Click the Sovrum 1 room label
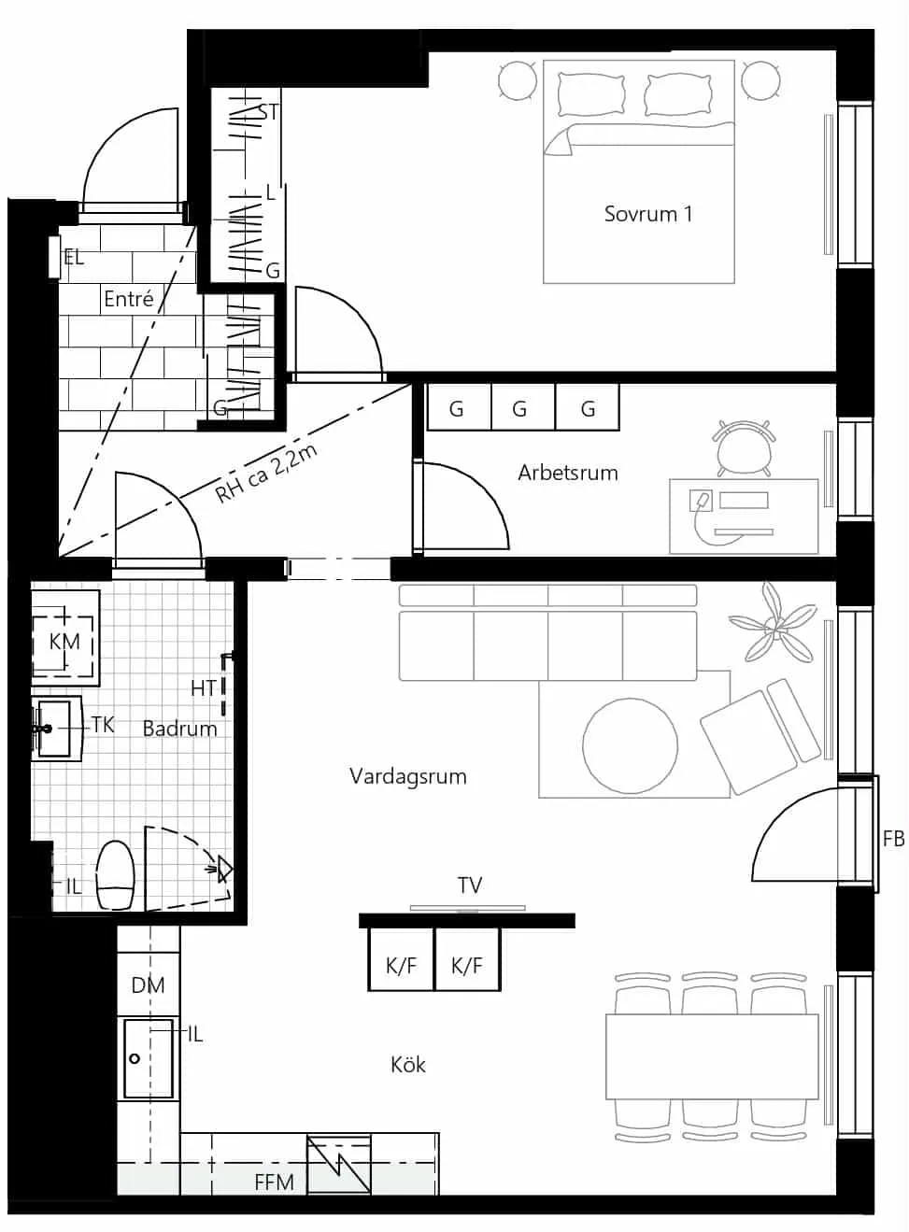coord(648,214)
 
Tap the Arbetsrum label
coord(568,473)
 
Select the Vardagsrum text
coord(407,776)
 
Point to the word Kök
coord(407,1066)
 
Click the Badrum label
coord(179,729)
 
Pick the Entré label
coord(129,299)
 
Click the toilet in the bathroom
coord(115,875)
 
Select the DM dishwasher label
coord(148,985)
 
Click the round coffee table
coord(630,745)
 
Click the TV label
coord(470,885)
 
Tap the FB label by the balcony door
coord(894,840)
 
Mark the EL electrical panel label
coord(74,258)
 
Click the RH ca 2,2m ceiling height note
coord(266,474)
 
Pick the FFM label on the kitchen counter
coord(274,1182)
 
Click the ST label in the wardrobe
coord(269,112)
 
